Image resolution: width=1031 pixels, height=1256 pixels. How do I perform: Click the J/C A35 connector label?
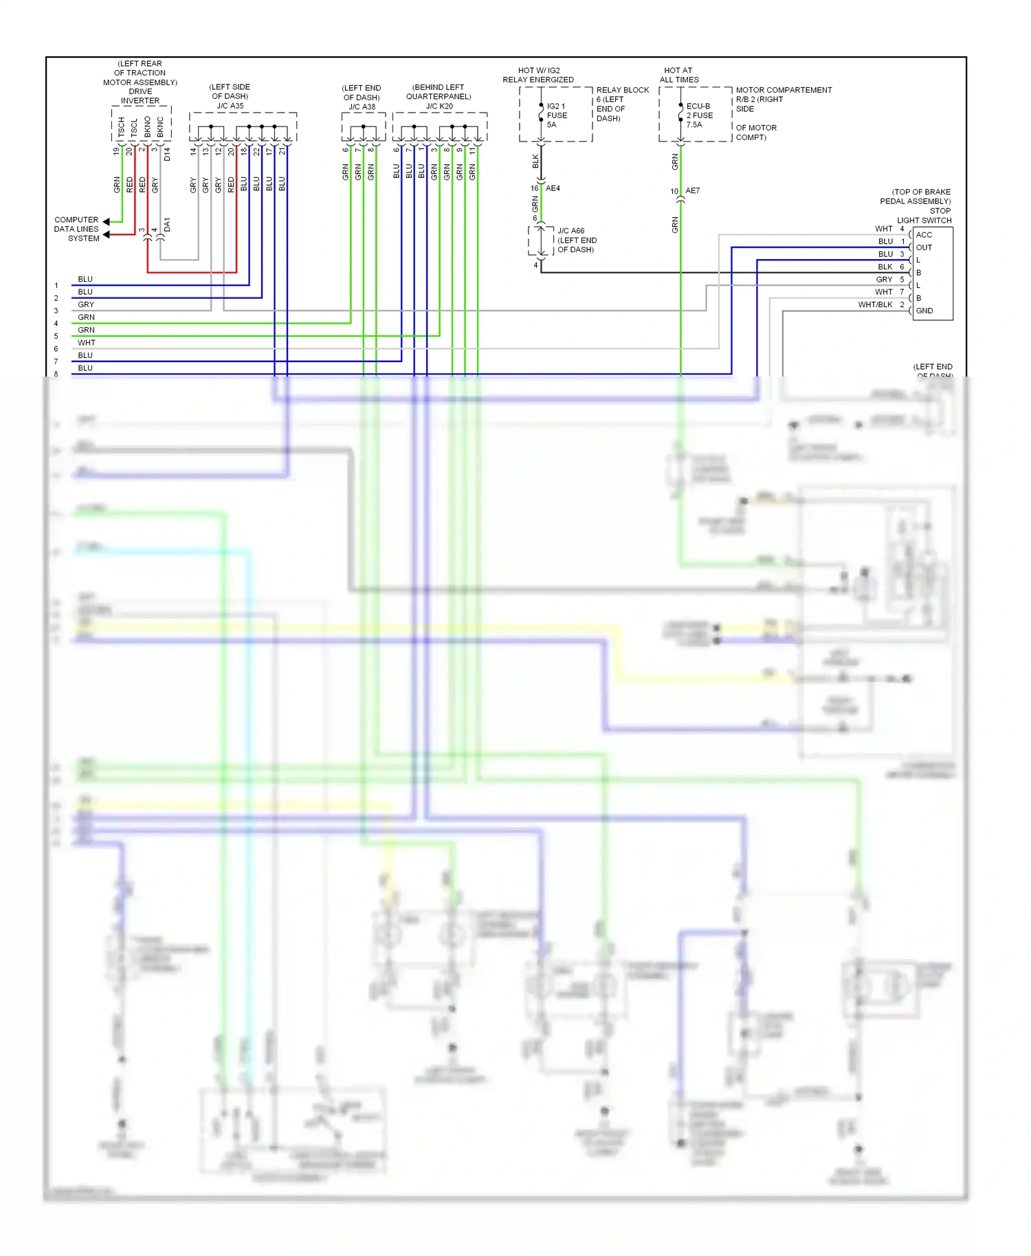pyautogui.click(x=230, y=106)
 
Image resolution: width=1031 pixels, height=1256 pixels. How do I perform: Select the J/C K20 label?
pyautogui.click(x=439, y=106)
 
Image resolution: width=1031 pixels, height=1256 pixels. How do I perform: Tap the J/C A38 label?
pyautogui.click(x=362, y=106)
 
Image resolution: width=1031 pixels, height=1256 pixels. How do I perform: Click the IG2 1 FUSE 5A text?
pyautogui.click(x=557, y=115)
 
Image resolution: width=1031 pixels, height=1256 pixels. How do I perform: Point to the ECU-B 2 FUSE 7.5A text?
pyautogui.click(x=699, y=115)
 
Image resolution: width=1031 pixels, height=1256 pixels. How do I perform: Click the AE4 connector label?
pyautogui.click(x=553, y=188)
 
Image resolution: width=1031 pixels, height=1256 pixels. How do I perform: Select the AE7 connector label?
pyautogui.click(x=692, y=191)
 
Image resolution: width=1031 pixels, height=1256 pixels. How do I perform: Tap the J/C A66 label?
pyautogui.click(x=570, y=231)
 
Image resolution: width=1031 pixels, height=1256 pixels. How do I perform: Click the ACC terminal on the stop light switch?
pyautogui.click(x=924, y=235)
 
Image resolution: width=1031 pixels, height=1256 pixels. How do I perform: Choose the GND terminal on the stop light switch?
pyautogui.click(x=924, y=311)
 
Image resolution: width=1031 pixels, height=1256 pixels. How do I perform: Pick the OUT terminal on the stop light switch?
pyautogui.click(x=924, y=247)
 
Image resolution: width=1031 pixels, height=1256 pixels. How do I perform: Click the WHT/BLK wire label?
pyautogui.click(x=875, y=304)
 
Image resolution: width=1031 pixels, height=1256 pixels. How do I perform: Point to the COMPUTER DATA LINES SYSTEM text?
pyautogui.click(x=76, y=229)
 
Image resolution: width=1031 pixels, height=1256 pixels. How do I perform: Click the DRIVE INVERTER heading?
pyautogui.click(x=140, y=96)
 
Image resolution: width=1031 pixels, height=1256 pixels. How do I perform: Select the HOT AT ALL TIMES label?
pyautogui.click(x=679, y=75)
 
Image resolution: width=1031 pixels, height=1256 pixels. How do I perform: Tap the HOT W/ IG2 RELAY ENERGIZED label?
pyautogui.click(x=538, y=75)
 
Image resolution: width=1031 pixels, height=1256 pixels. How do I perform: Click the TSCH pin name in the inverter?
pyautogui.click(x=122, y=126)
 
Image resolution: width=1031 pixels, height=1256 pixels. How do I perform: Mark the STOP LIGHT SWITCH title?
pyautogui.click(x=924, y=216)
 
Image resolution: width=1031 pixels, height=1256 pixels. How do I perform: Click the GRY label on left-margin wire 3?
pyautogui.click(x=86, y=304)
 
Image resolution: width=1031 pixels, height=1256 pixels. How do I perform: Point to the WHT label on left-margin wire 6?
pyautogui.click(x=87, y=343)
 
